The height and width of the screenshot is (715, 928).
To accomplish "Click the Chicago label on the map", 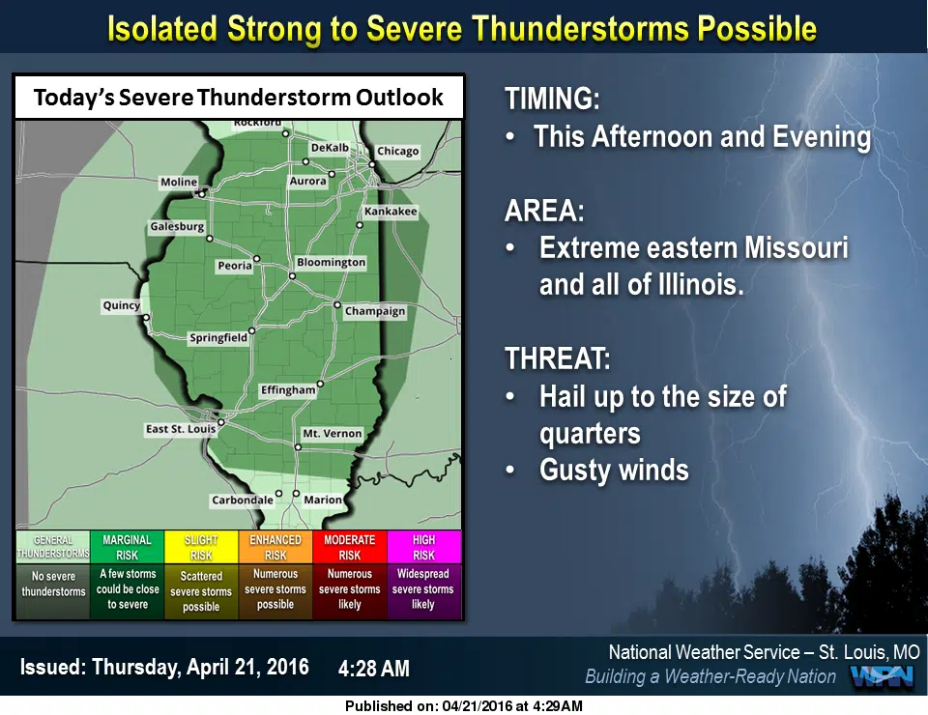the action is point(397,152).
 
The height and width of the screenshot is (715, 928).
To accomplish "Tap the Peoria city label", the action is point(235,266).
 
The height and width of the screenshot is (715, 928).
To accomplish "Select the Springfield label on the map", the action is point(218,337).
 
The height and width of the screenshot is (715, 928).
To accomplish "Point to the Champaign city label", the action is point(375,311).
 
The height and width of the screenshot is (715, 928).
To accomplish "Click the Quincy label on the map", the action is point(122,305).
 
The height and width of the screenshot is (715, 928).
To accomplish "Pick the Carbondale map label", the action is point(243,500).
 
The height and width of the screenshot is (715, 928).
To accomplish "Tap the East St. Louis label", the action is point(181,429).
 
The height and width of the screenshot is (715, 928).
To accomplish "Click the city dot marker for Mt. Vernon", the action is point(299,447).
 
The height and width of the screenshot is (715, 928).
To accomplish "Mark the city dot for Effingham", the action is point(320,384).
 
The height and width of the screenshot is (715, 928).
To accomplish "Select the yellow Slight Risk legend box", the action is point(201,547).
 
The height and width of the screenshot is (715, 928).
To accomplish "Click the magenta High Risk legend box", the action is point(423,547).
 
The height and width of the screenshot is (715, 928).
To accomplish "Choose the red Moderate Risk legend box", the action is point(350,547).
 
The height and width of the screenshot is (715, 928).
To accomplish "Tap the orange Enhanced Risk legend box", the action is point(275,547).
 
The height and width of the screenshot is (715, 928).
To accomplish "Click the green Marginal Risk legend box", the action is point(128,547).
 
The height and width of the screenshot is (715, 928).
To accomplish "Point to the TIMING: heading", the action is point(552,99).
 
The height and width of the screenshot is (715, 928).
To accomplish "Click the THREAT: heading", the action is point(558,358).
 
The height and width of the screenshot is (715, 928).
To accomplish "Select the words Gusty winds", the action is point(614,471).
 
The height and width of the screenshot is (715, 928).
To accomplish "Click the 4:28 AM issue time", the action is point(374,669).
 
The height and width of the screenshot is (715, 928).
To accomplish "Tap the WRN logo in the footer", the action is point(882,677).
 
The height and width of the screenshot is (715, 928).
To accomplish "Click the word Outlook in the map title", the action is point(399,98).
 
